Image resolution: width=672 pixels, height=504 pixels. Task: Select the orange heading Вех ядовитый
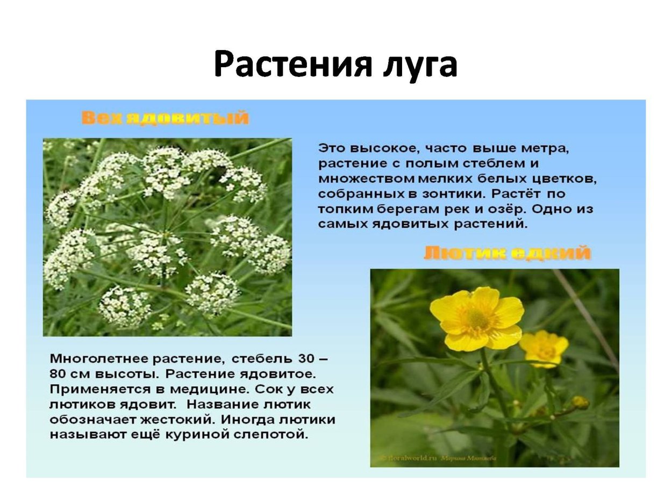(165, 118)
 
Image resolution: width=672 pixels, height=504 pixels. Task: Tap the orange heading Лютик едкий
(507, 253)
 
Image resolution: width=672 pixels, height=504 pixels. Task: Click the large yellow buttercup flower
(476, 319)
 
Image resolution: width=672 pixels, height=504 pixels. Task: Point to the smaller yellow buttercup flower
(545, 348)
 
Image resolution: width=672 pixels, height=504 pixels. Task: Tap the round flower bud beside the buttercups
(580, 402)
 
